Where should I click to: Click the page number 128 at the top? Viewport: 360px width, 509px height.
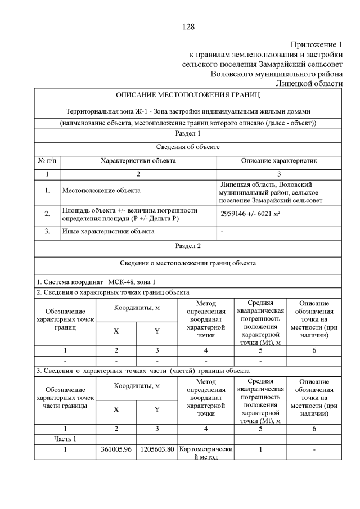pyautogui.click(x=188, y=26)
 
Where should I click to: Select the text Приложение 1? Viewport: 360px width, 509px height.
pyautogui.click(x=316, y=44)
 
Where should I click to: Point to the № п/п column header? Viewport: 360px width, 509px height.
pyautogui.click(x=47, y=161)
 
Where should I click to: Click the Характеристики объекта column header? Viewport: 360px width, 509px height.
pyautogui.click(x=138, y=161)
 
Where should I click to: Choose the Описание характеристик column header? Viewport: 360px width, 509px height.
pyautogui.click(x=279, y=161)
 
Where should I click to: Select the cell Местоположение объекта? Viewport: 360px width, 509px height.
pyautogui.click(x=101, y=191)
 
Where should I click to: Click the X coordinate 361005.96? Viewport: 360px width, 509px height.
pyautogui.click(x=116, y=449)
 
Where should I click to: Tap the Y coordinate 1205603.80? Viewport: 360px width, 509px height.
pyautogui.click(x=157, y=449)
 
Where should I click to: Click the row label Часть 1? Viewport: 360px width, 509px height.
pyautogui.click(x=65, y=439)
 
